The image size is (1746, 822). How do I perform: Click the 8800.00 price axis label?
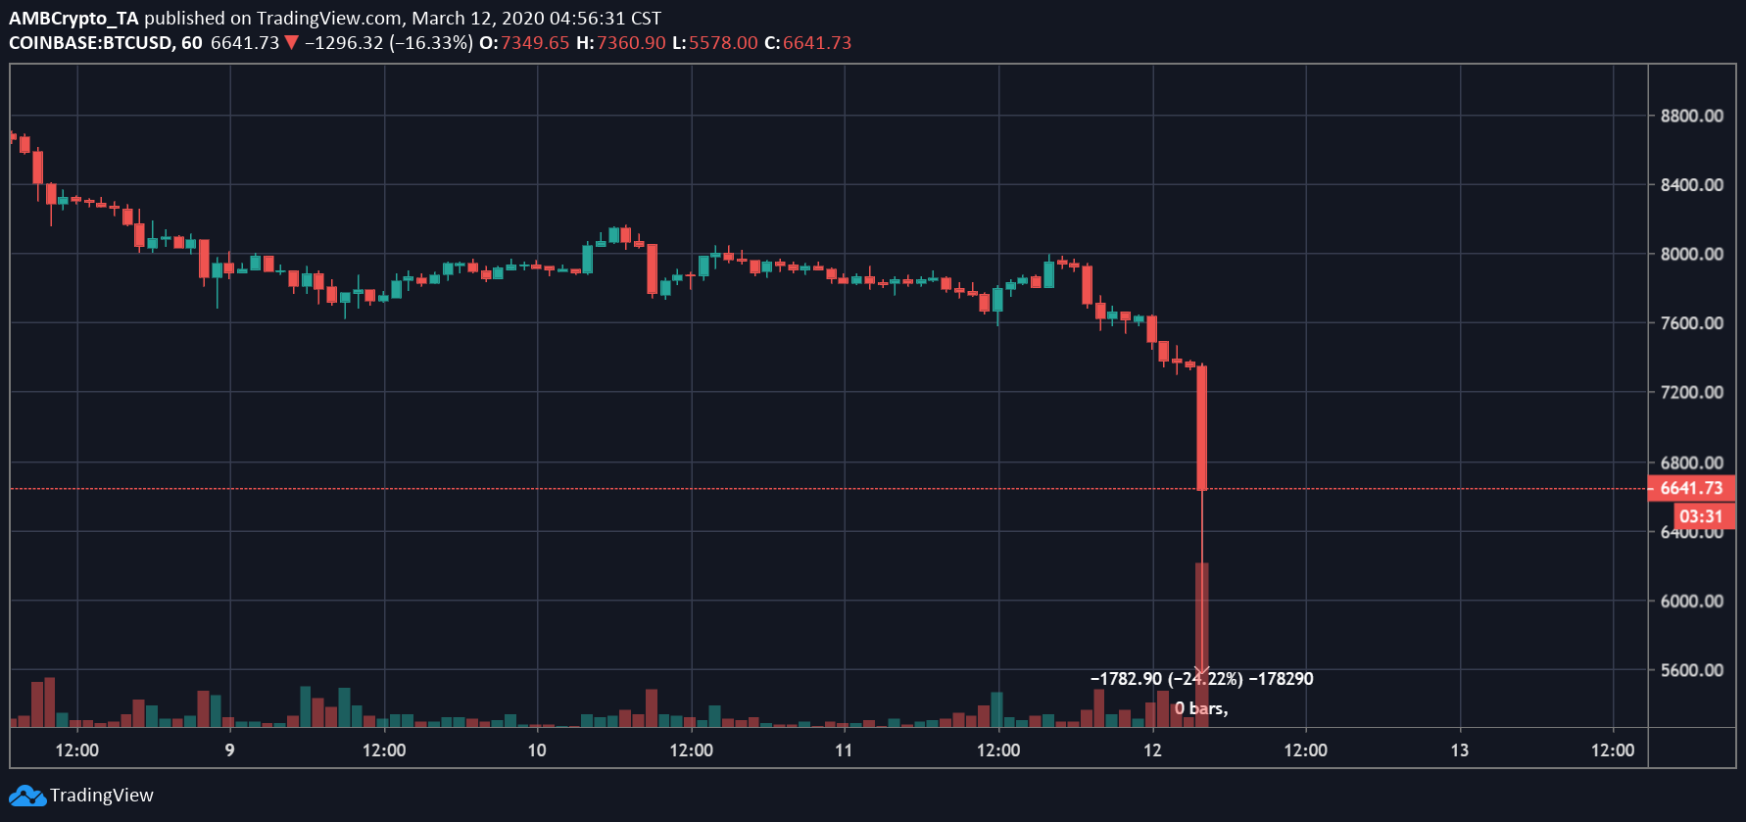pos(1691,116)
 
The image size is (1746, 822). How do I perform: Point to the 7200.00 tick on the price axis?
pos(1691,392)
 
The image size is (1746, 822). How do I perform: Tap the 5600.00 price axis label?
pos(1691,670)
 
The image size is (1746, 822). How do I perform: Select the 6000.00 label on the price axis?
pos(1691,601)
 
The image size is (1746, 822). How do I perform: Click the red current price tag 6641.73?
pos(1691,488)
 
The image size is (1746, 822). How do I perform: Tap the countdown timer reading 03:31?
pos(1700,516)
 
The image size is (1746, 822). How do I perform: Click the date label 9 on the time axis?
pos(229,750)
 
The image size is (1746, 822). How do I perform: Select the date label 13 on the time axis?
pos(1459,750)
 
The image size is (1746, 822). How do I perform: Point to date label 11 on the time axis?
pos(844,750)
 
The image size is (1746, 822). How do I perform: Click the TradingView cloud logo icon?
pos(26,796)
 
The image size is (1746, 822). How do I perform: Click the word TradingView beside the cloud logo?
pos(102,796)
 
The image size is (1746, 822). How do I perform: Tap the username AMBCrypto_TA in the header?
pos(73,18)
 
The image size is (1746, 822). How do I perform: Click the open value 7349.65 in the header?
pos(535,43)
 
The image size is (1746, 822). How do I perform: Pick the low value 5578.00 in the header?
pos(723,43)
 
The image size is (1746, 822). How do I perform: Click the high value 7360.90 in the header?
pos(631,43)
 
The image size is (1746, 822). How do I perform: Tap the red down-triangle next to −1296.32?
pos(291,43)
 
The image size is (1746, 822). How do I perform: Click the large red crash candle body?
pos(1201,428)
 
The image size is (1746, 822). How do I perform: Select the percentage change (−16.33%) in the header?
pos(431,43)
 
